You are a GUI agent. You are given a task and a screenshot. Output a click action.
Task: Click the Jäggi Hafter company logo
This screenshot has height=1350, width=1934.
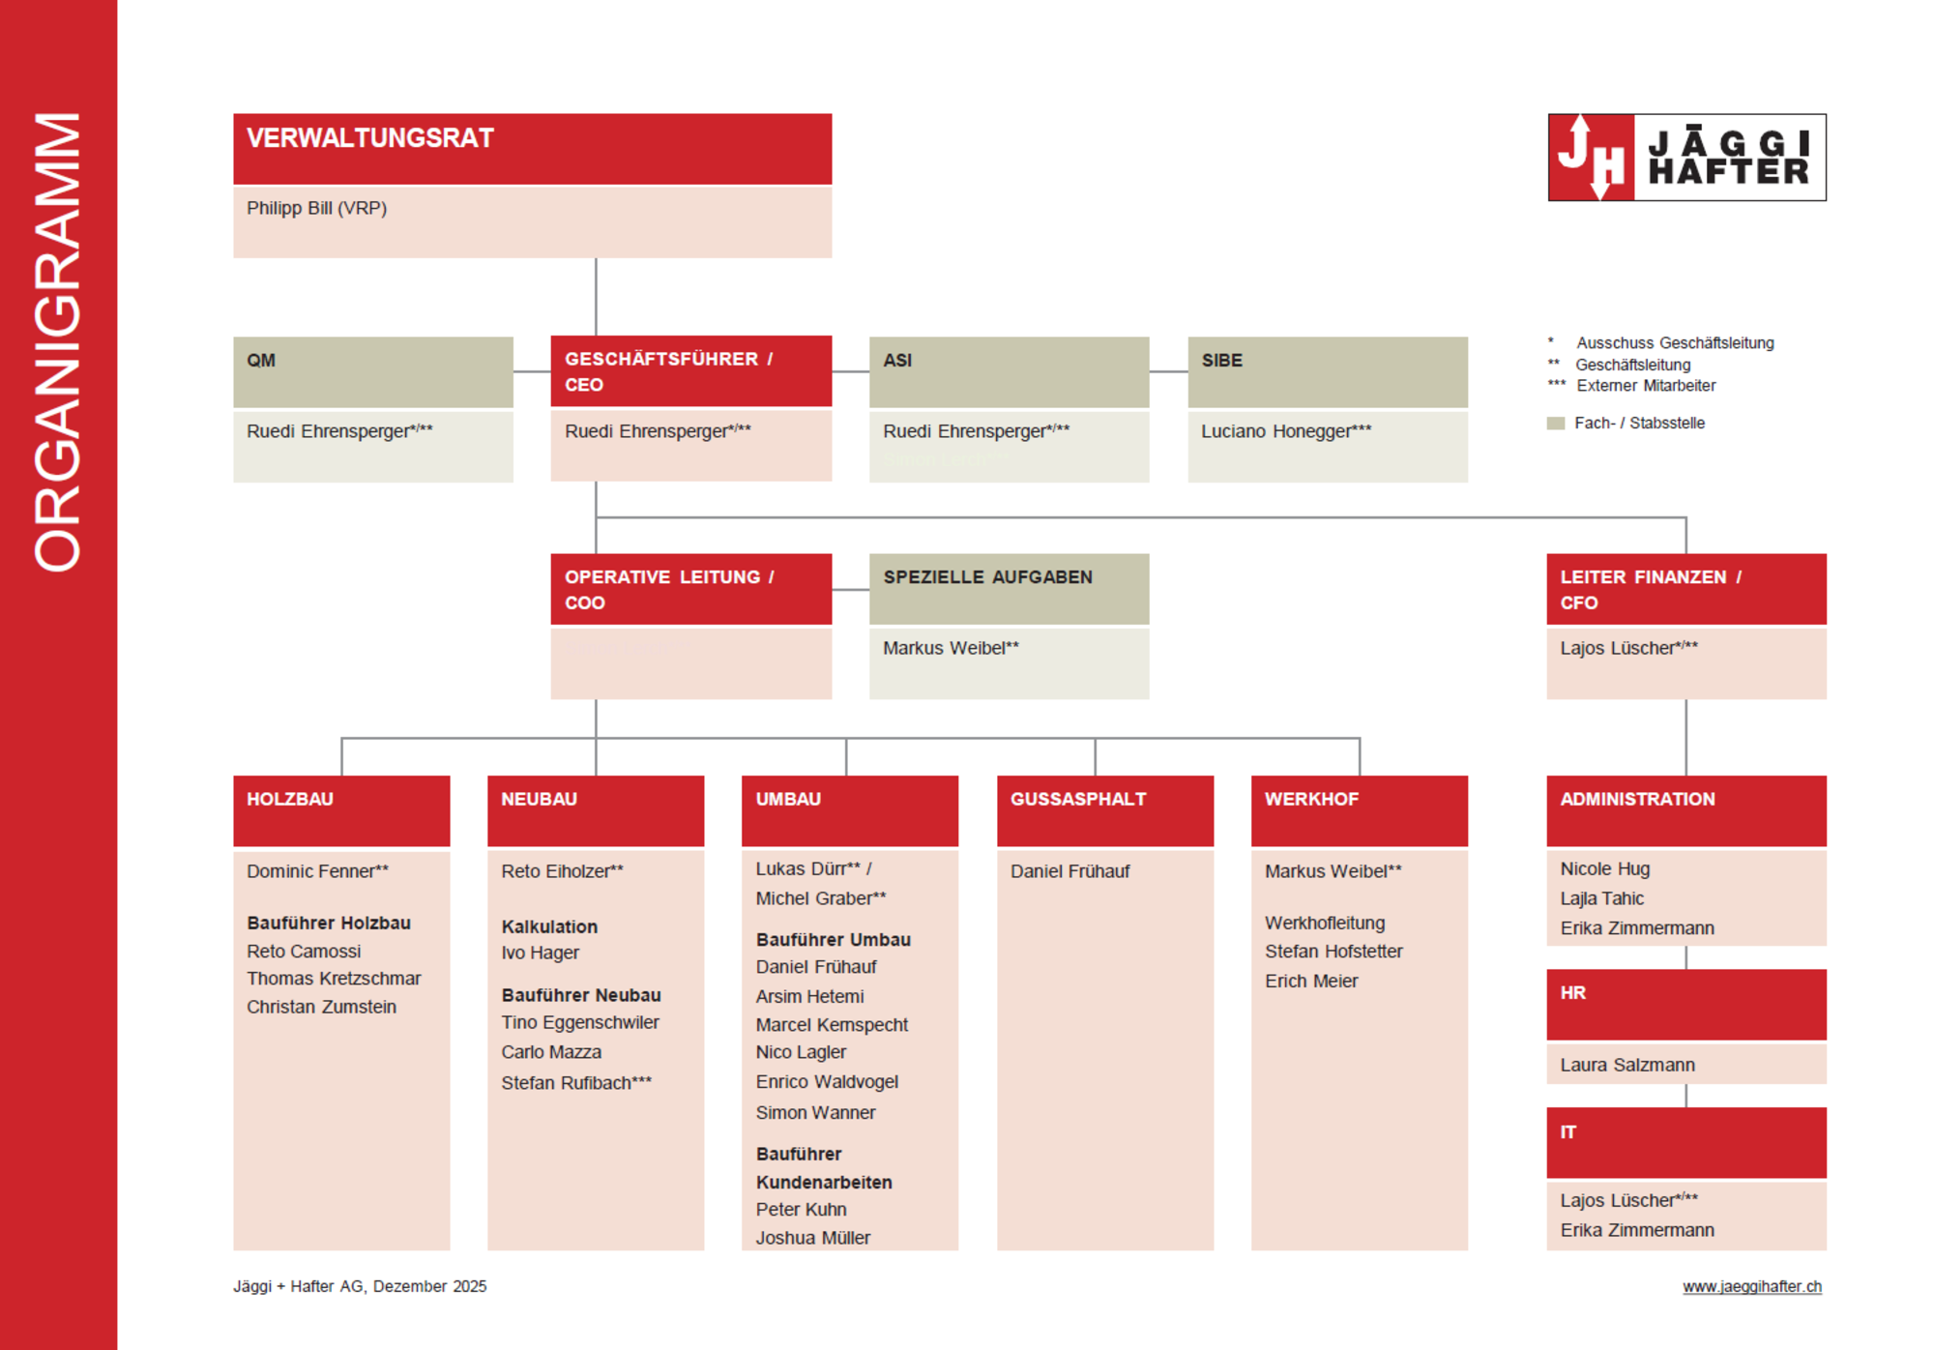[x=1686, y=157]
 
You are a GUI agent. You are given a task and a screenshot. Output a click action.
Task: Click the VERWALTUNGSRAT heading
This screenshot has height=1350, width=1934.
[x=369, y=138]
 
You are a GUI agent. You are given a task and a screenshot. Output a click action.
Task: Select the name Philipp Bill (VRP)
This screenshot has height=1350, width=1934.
[x=316, y=208]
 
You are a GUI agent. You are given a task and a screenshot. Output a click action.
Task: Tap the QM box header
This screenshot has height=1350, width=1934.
[x=261, y=361]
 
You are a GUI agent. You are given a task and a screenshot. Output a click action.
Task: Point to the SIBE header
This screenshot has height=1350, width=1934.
[x=1221, y=361]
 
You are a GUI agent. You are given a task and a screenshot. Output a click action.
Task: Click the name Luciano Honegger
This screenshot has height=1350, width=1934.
[x=1285, y=431]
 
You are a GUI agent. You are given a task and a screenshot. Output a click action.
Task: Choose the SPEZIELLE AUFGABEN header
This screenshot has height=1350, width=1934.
[x=987, y=577]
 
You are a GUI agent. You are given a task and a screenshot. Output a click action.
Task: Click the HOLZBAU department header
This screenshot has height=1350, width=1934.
[x=290, y=799]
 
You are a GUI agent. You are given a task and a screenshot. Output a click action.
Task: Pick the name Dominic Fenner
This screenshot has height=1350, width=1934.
[x=317, y=871]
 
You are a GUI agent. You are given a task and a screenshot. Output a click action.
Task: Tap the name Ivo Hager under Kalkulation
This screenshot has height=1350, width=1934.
[x=540, y=953]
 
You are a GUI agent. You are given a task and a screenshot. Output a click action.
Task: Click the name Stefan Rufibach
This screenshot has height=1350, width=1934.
[x=575, y=1083]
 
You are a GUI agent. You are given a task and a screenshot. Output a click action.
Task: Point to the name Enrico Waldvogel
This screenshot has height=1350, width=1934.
[x=827, y=1082]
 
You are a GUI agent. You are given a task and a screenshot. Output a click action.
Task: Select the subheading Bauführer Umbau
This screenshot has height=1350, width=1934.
[x=833, y=940]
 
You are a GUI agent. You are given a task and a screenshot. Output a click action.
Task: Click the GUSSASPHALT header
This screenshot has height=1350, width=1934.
[x=1078, y=799]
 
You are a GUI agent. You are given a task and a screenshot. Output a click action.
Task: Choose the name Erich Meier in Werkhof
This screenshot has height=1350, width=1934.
[x=1311, y=981]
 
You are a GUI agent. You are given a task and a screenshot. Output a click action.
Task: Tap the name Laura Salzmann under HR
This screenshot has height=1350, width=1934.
[x=1626, y=1065]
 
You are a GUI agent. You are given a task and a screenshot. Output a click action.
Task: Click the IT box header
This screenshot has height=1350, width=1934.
[x=1568, y=1131]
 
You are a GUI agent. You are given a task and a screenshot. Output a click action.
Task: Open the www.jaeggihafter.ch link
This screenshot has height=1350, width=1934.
[x=1751, y=1286]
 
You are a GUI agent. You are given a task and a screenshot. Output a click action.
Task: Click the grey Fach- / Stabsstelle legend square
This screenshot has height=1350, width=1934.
[x=1555, y=424]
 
